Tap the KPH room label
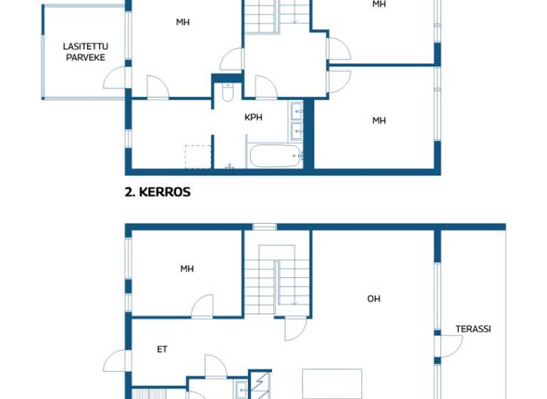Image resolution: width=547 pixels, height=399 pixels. [x=253, y=117]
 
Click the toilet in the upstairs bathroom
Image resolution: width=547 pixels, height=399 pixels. [x=227, y=93]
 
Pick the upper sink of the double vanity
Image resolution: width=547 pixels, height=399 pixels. [x=297, y=110]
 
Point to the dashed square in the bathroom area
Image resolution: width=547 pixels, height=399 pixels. [x=198, y=157]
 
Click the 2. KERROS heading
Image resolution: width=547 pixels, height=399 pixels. [x=157, y=192]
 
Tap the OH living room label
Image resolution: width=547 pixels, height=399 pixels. [x=373, y=299]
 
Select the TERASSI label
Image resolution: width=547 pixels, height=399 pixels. [x=473, y=329]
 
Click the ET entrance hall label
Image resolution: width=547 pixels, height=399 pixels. [x=162, y=349]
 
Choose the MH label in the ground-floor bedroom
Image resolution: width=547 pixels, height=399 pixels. [x=187, y=269]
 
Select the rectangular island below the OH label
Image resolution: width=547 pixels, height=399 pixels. [x=332, y=384]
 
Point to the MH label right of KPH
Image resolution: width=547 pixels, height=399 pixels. [x=379, y=120]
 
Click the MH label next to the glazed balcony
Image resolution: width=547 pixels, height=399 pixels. [x=183, y=22]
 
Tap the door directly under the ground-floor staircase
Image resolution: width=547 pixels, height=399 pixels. [x=295, y=328]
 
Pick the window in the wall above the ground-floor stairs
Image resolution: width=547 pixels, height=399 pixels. [x=264, y=227]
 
